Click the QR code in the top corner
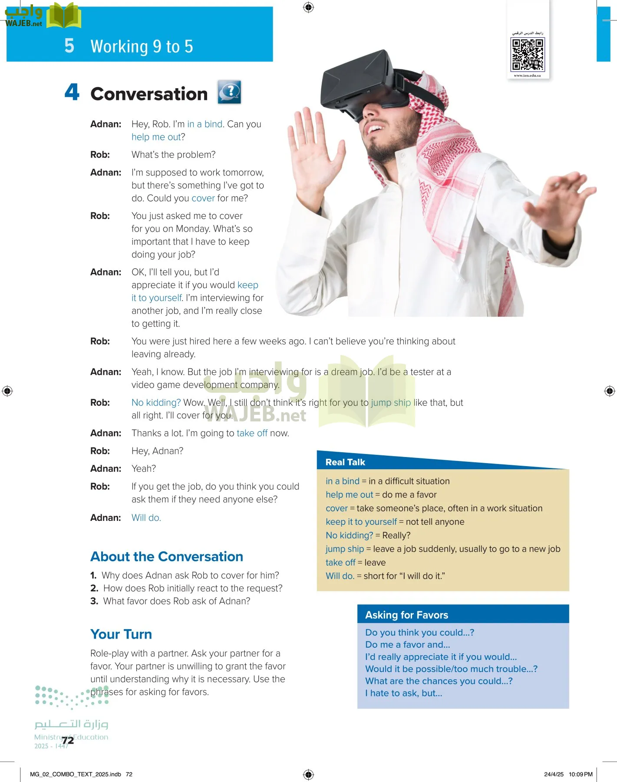[528, 54]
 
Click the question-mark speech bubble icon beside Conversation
[229, 92]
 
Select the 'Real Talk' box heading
[345, 462]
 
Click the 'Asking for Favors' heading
[406, 615]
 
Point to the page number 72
[68, 740]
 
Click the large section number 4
[72, 93]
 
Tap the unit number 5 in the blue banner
[69, 46]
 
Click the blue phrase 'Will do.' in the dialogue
[146, 518]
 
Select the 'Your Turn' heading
[121, 634]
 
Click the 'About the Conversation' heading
[167, 557]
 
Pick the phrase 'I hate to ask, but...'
[404, 693]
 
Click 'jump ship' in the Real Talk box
[345, 549]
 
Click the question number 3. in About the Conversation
[94, 601]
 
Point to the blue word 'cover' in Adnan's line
[203, 198]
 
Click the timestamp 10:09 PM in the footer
[581, 774]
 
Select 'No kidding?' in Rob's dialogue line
[156, 403]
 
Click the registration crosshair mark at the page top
[308, 7]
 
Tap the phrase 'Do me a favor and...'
[408, 645]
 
